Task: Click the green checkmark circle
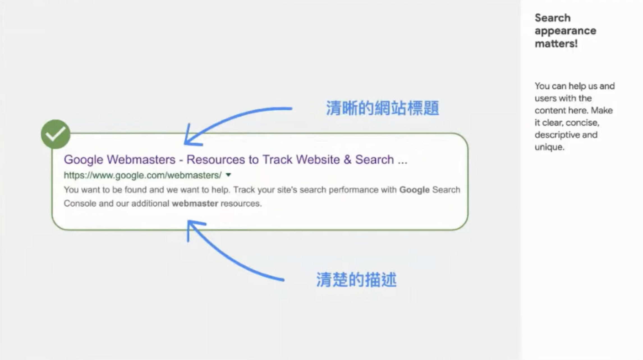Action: (x=56, y=134)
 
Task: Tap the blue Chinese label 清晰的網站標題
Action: (x=382, y=108)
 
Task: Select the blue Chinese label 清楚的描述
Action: (x=356, y=280)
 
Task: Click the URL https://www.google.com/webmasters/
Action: (x=143, y=175)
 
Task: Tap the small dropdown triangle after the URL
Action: (x=228, y=175)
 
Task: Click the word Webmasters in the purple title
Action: (x=141, y=160)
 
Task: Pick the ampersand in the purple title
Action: (x=347, y=160)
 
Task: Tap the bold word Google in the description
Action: (x=414, y=190)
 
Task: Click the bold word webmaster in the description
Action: (x=195, y=204)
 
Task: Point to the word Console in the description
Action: (x=80, y=204)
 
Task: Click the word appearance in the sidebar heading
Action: (x=565, y=31)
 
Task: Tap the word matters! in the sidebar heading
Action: (x=556, y=44)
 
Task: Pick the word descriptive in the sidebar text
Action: (x=557, y=135)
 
